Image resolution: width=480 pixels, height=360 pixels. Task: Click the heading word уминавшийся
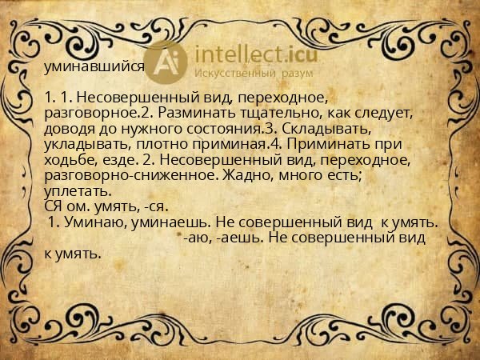pos(94,67)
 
